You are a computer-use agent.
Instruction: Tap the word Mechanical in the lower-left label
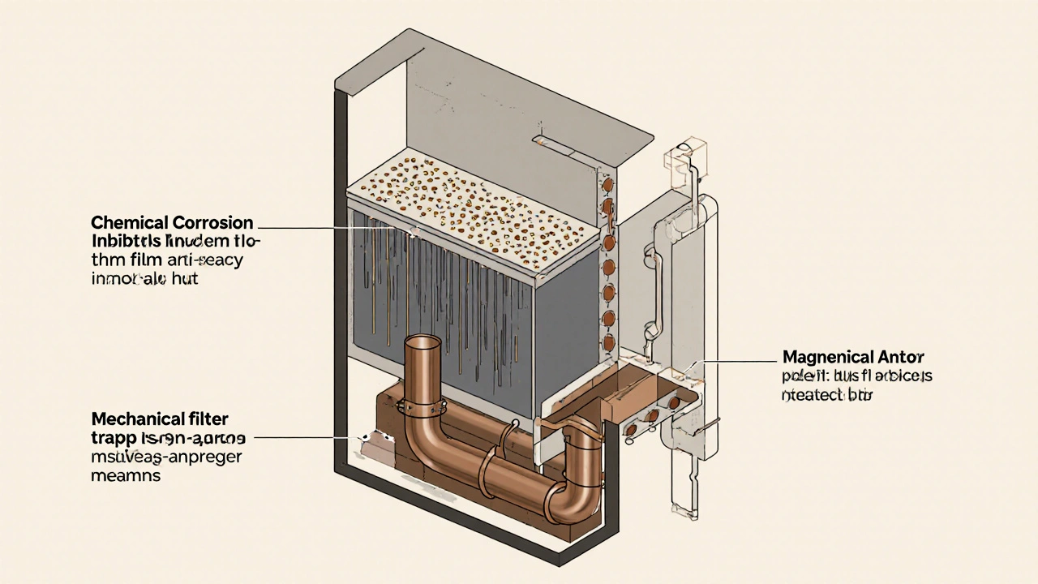(135, 419)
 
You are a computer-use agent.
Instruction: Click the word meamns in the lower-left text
(125, 476)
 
